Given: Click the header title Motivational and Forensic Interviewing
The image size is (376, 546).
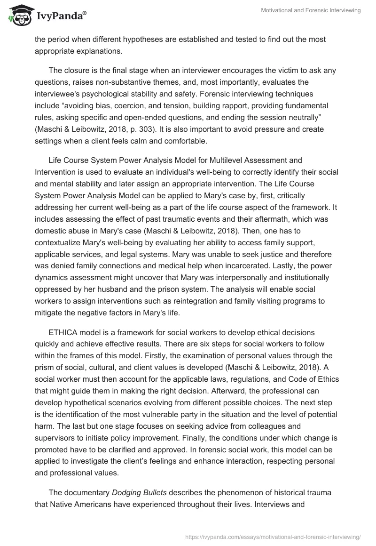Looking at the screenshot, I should point(311,10).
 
